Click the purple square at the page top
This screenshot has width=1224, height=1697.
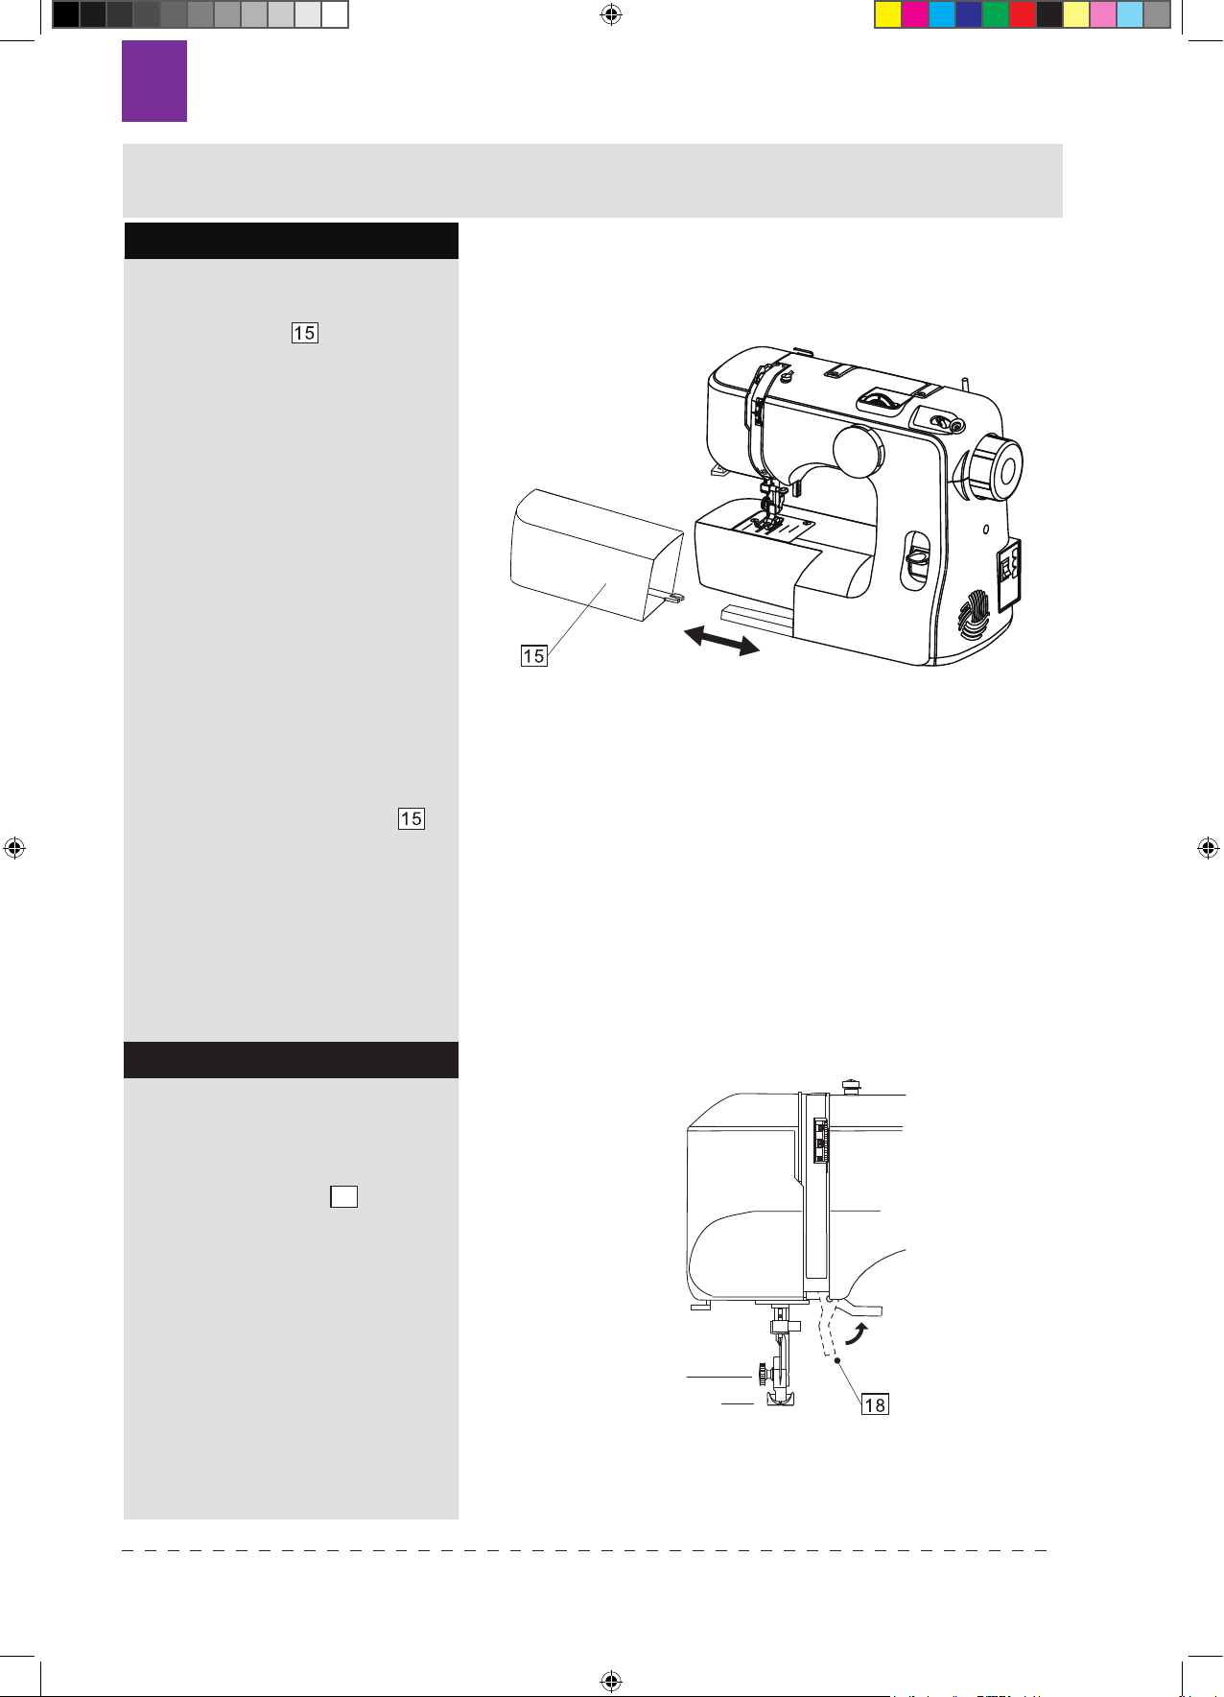[154, 81]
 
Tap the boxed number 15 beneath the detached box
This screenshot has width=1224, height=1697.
[533, 656]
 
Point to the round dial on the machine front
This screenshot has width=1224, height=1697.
[859, 452]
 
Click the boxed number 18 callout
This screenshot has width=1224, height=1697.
[875, 1404]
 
